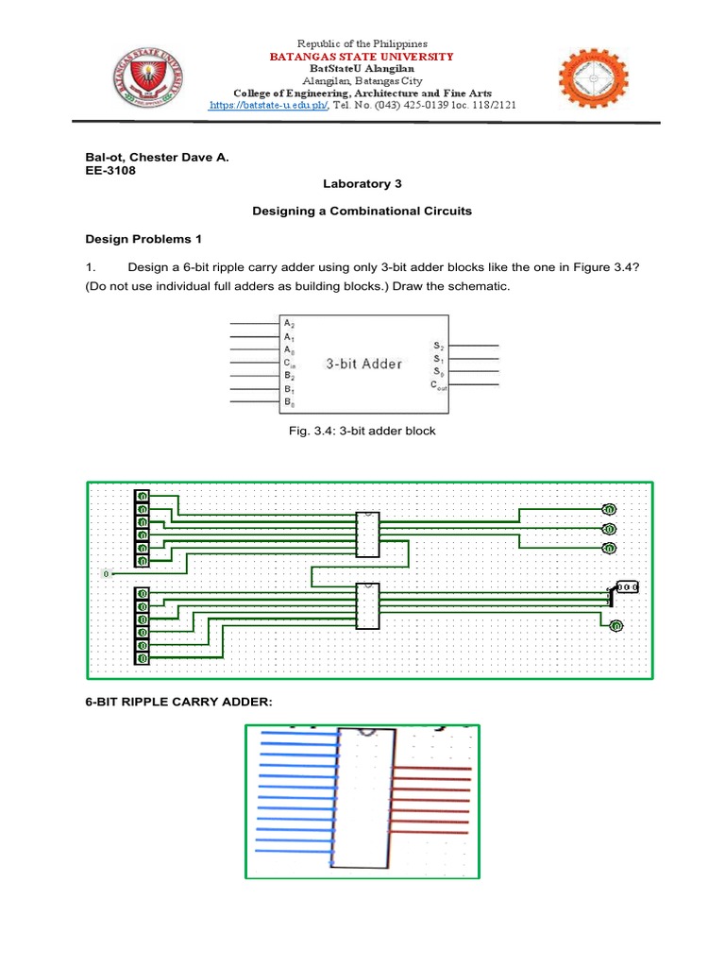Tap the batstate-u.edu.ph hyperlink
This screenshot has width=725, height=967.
[x=268, y=106]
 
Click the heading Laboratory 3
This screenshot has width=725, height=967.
[x=362, y=185]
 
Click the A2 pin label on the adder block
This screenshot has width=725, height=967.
[x=288, y=323]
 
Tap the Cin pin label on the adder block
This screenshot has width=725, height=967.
[x=289, y=363]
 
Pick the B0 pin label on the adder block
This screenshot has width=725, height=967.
[x=288, y=402]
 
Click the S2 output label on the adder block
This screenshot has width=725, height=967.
[x=438, y=347]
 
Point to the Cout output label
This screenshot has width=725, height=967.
[x=441, y=385]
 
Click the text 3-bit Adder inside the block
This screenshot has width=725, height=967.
[x=363, y=363]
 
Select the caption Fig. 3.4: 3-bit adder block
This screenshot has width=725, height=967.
[x=362, y=432]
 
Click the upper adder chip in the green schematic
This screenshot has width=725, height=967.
[x=366, y=534]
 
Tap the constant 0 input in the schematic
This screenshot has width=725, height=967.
[x=107, y=573]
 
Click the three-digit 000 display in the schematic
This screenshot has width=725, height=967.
[x=629, y=586]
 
